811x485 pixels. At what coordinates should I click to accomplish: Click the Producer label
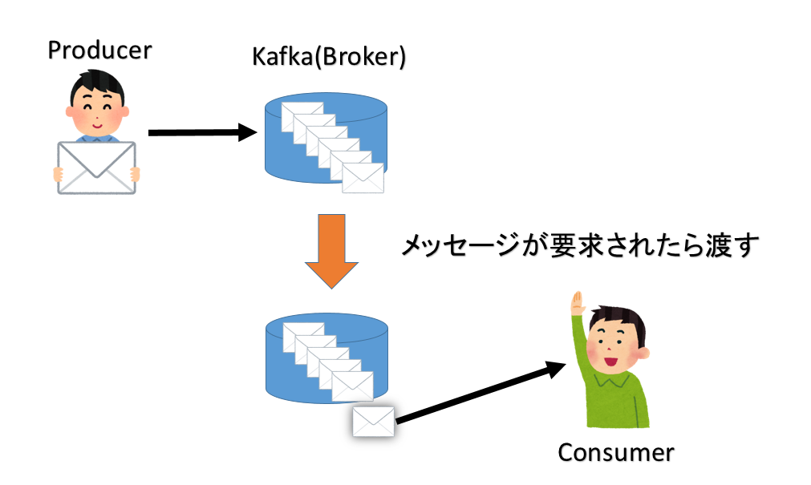[x=99, y=51]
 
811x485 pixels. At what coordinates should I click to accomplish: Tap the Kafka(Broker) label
[x=329, y=57]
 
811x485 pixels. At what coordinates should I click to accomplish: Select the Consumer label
[x=615, y=452]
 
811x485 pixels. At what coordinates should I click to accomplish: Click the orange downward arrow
[x=331, y=251]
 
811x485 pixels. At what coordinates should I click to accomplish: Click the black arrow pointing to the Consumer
[x=481, y=393]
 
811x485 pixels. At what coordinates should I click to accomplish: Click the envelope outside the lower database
[x=374, y=421]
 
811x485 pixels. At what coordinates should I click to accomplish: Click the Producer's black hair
[x=98, y=83]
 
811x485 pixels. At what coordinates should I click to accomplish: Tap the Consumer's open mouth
[x=610, y=361]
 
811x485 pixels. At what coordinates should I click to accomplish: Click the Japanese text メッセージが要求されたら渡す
[x=580, y=245]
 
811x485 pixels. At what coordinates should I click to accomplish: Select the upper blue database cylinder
[x=326, y=138]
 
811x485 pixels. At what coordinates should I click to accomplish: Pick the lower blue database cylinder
[x=326, y=358]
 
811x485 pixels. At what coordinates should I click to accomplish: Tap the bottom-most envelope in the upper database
[x=363, y=178]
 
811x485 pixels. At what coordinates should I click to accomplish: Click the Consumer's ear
[x=643, y=354]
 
